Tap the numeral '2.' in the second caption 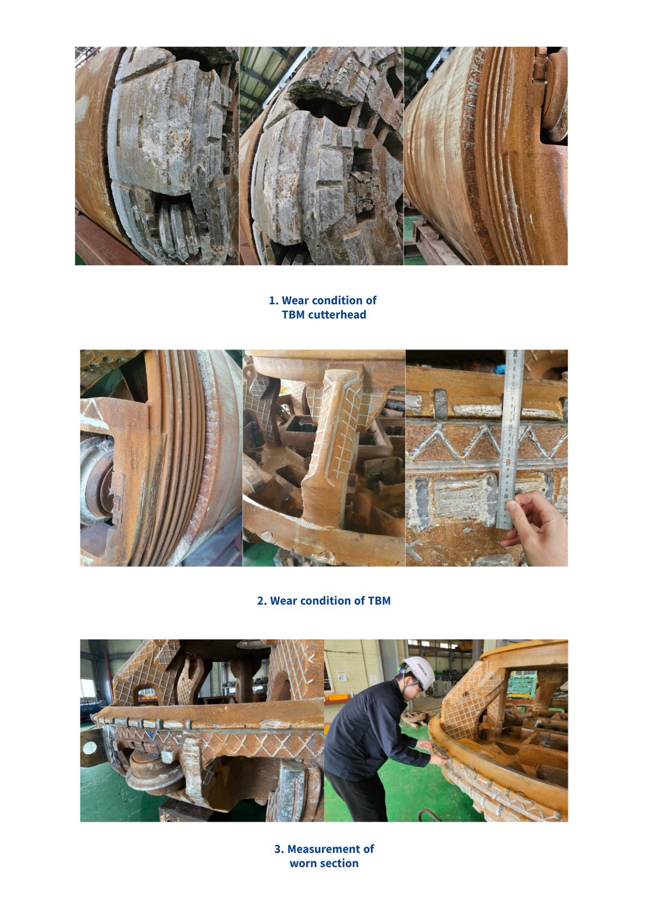[x=262, y=601]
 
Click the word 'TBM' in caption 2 [x=379, y=601]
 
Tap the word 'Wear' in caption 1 [x=295, y=300]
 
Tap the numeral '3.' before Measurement [x=279, y=849]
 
